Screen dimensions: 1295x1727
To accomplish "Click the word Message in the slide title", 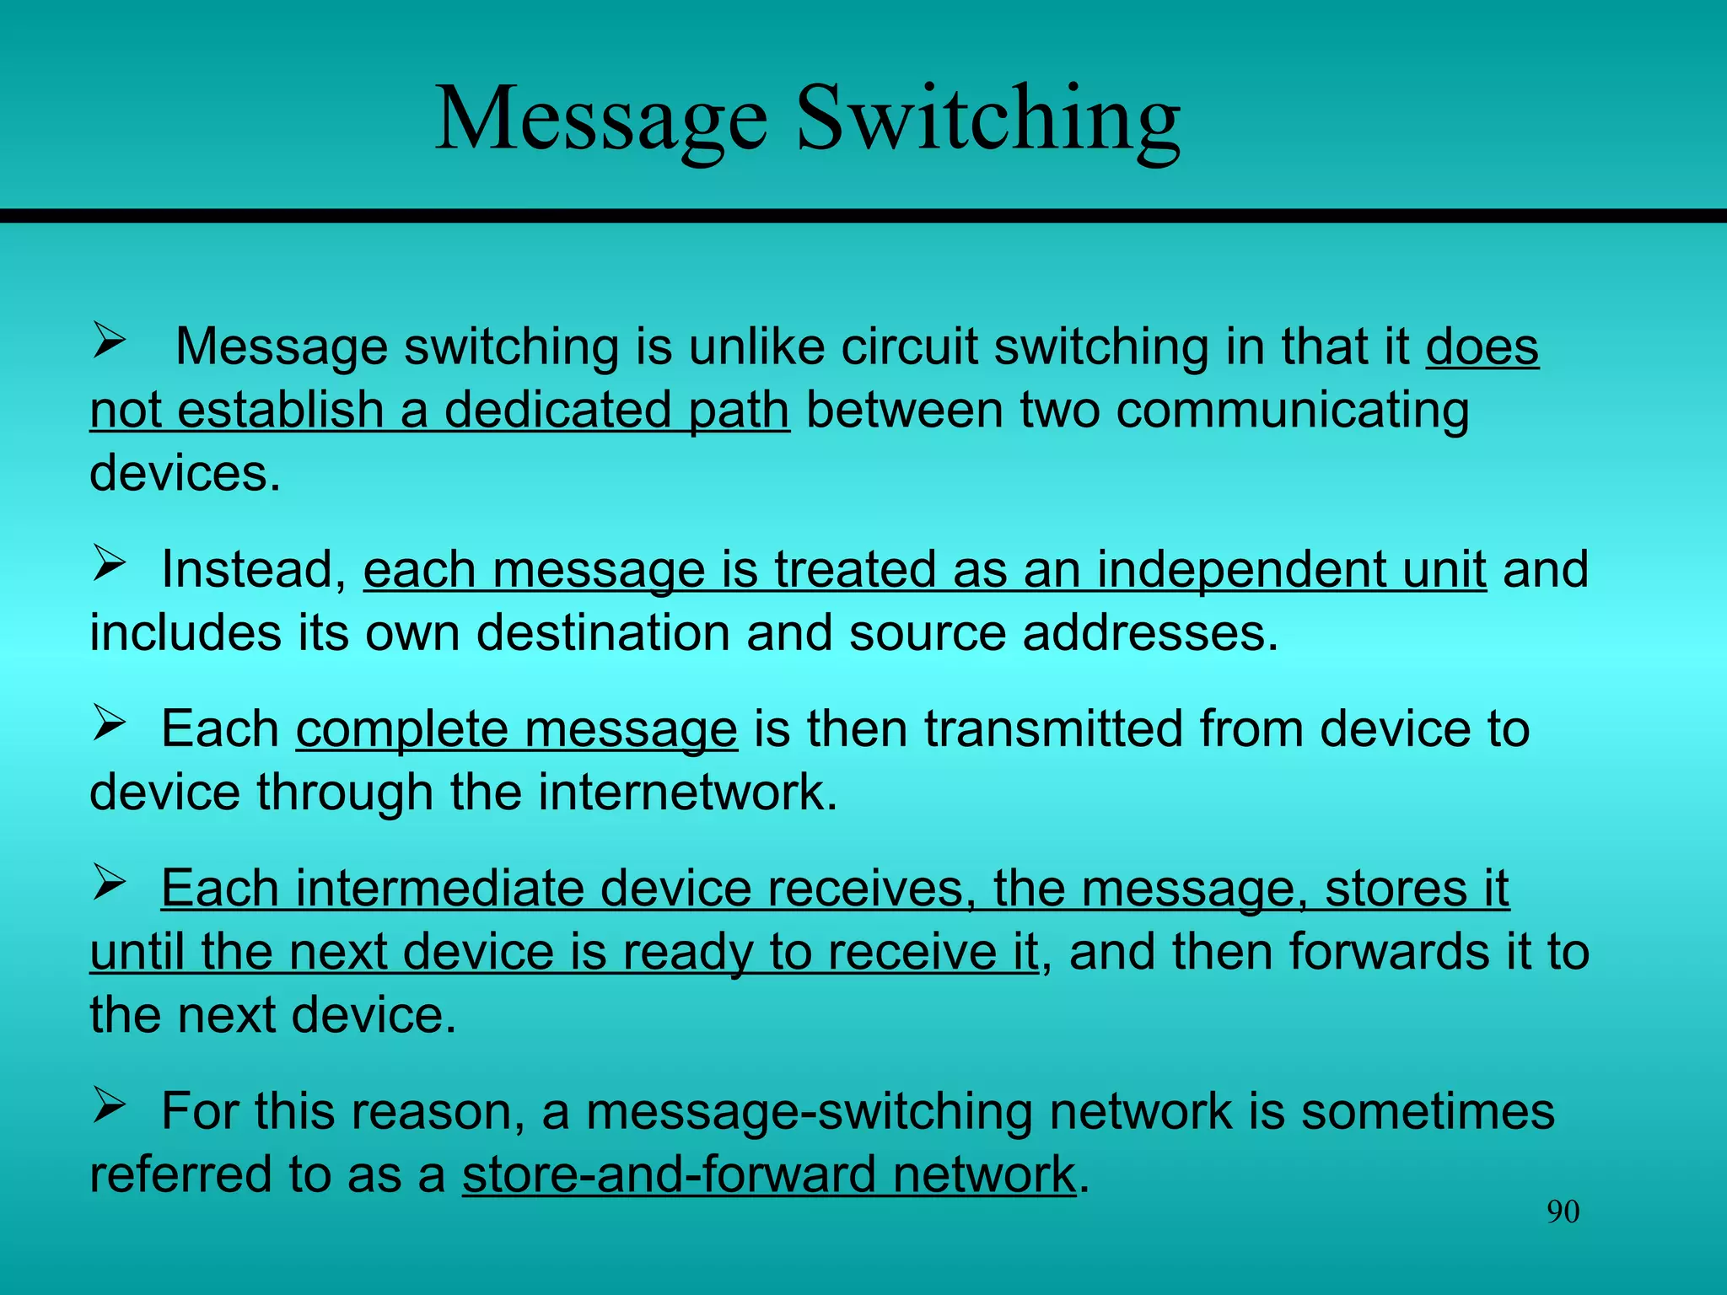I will point(601,120).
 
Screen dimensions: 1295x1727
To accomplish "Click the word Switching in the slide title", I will point(987,120).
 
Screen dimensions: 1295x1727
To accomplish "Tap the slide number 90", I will point(1563,1212).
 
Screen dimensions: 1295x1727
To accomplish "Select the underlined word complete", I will point(401,730).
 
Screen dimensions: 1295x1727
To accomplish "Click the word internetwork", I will point(687,793).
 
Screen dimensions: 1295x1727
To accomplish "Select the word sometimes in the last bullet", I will point(1427,1111).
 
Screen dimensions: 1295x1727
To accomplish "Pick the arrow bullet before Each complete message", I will point(109,723).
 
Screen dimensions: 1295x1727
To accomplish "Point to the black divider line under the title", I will point(863,216).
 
